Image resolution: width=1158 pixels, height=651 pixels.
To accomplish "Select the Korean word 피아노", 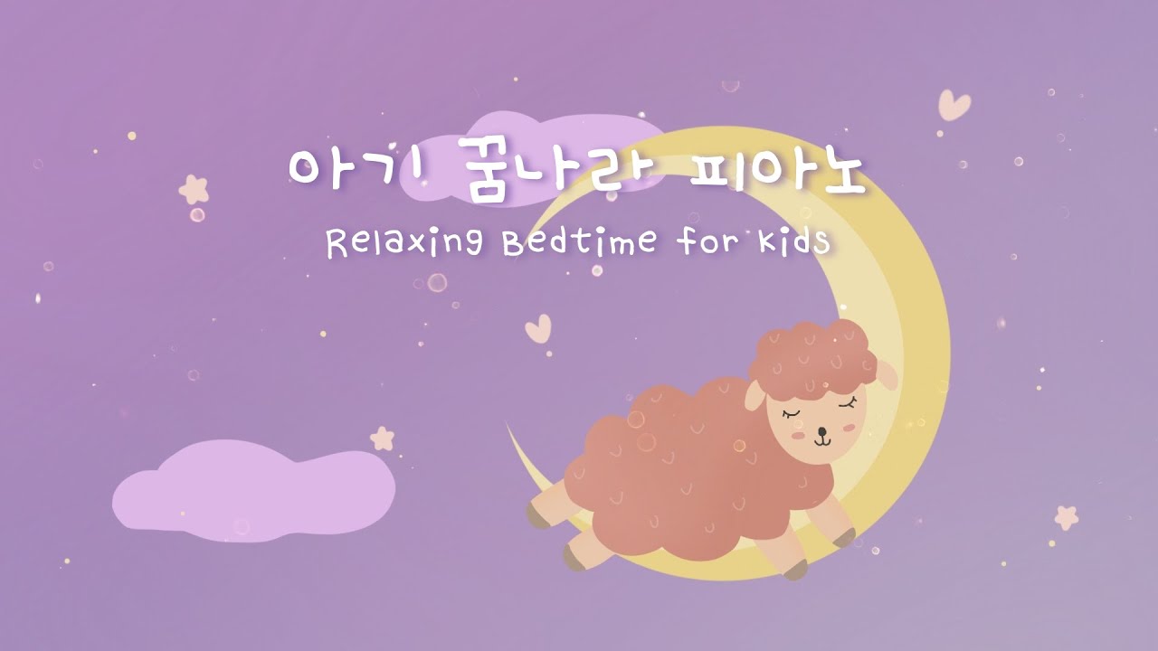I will [776, 169].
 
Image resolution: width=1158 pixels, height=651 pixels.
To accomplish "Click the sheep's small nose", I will [821, 430].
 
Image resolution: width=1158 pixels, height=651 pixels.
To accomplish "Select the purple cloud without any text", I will [253, 491].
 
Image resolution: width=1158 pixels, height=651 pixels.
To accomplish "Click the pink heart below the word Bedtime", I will [538, 327].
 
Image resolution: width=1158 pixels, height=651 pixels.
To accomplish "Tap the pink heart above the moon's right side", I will [954, 104].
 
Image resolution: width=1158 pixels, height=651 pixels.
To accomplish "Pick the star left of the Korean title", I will [194, 189].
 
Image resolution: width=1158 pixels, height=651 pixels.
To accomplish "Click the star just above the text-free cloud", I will [383, 439].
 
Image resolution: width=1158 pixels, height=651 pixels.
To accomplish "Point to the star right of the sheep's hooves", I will [1067, 517].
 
